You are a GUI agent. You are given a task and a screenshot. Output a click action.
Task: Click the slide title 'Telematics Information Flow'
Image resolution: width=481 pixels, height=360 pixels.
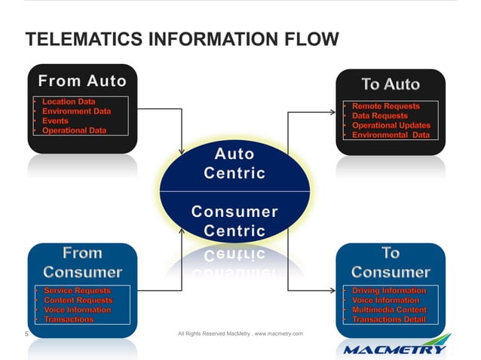point(182,39)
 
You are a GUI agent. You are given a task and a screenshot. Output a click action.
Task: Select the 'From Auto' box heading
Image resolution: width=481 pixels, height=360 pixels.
point(82,80)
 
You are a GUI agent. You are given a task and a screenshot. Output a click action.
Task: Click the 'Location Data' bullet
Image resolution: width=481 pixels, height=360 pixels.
point(74,101)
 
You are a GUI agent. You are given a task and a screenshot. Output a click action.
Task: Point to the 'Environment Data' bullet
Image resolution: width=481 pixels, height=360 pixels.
point(77,111)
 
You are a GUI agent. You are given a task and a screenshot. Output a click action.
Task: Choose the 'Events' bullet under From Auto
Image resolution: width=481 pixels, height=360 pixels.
point(56,121)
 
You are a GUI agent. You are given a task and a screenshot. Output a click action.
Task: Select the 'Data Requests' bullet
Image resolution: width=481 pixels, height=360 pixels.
point(380,116)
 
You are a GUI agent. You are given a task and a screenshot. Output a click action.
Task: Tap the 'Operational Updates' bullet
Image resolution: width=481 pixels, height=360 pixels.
point(391,126)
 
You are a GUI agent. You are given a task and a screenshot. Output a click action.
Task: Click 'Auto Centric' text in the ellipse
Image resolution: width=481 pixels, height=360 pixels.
point(234,163)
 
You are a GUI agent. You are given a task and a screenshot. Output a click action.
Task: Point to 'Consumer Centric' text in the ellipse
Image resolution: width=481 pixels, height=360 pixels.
point(234,221)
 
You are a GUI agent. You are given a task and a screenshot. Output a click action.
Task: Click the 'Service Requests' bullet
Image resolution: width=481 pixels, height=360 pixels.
point(77,290)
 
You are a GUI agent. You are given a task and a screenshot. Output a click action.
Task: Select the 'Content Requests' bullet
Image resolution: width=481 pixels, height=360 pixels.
point(78,300)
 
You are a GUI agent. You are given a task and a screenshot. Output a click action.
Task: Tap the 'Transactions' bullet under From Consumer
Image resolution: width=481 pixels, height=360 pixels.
point(69,319)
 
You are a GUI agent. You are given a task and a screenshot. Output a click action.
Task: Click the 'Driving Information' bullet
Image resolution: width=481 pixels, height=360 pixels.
point(389,290)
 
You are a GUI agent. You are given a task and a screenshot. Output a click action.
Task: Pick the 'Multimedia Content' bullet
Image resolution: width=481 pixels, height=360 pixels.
point(390,310)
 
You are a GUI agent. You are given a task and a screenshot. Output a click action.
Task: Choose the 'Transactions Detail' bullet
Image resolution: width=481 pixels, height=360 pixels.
point(389,319)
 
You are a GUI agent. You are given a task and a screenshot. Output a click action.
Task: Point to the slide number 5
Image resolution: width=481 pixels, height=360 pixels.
point(26,333)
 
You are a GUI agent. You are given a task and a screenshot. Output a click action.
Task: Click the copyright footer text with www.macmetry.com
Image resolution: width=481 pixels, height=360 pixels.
point(240,333)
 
